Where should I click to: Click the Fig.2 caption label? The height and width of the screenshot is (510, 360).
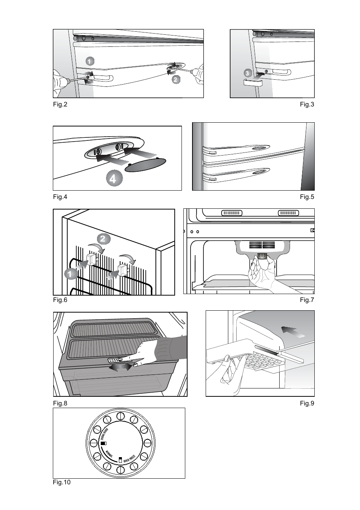[60, 105]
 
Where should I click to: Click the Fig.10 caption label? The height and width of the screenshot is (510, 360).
[62, 482]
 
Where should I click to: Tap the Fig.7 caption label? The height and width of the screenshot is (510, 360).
[307, 300]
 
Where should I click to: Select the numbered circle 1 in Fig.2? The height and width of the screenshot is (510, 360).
[89, 61]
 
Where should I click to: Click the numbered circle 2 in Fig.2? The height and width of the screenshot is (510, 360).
[175, 79]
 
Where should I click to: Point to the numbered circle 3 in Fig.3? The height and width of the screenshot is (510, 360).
[247, 73]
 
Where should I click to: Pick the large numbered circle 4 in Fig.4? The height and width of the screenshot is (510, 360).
[114, 179]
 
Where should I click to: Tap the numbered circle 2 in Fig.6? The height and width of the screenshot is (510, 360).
[104, 239]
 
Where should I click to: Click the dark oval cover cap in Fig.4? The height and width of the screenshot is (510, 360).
[145, 165]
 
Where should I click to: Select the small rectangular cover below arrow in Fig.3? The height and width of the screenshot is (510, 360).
[254, 83]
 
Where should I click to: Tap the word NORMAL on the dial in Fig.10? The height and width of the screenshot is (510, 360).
[109, 454]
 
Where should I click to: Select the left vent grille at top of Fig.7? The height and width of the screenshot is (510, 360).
[232, 213]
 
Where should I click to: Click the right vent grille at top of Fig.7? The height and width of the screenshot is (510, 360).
[288, 213]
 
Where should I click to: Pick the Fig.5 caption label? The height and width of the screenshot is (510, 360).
[307, 197]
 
